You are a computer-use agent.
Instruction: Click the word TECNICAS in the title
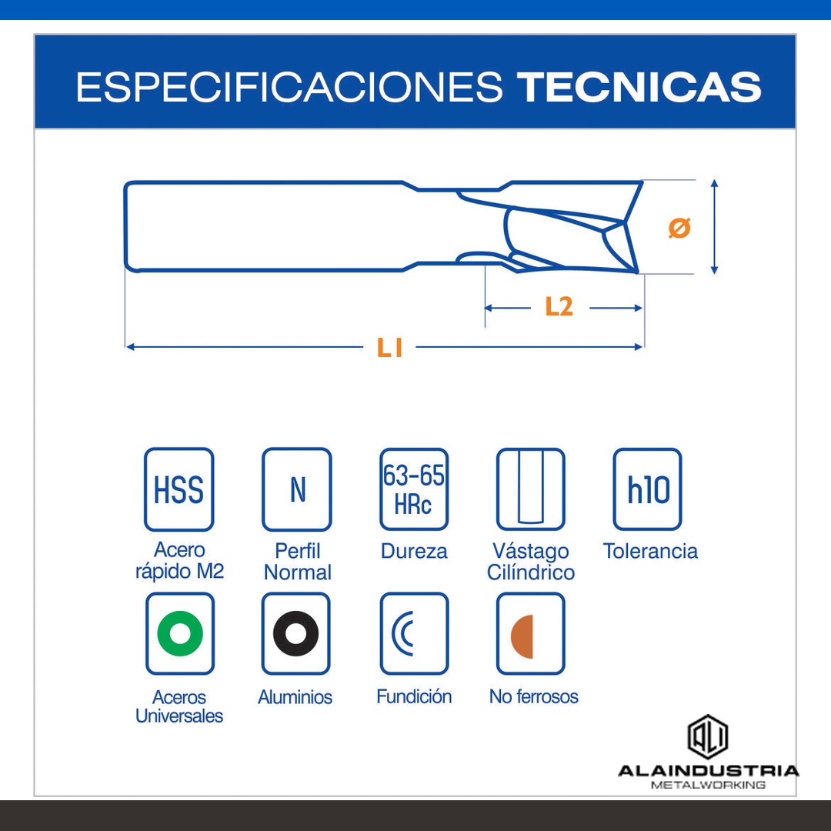(x=639, y=86)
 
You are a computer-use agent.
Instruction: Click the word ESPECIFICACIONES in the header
(x=289, y=86)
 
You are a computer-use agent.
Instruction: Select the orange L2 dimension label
(x=559, y=306)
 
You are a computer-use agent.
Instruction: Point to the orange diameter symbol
(x=679, y=228)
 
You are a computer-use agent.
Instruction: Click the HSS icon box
(x=179, y=489)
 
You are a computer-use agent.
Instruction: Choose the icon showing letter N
(x=297, y=489)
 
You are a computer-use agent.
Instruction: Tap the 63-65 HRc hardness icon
(x=414, y=489)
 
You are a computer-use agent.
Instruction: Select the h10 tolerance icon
(x=648, y=489)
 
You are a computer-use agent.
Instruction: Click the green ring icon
(x=179, y=633)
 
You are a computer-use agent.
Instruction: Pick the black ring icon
(x=296, y=633)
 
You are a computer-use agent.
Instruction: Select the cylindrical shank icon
(x=530, y=489)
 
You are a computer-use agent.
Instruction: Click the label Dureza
(x=414, y=551)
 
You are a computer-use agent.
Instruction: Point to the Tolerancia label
(x=650, y=551)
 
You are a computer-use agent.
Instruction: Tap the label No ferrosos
(x=534, y=696)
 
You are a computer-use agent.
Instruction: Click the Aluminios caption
(x=295, y=697)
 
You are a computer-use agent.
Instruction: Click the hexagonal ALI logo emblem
(x=708, y=737)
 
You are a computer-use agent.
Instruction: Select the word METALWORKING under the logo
(x=708, y=785)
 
